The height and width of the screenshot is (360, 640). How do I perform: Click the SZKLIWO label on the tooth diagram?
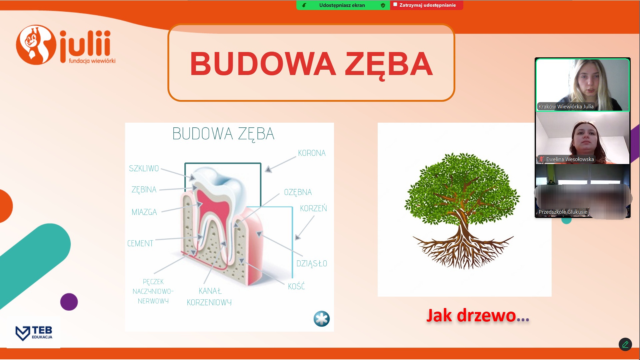click(144, 168)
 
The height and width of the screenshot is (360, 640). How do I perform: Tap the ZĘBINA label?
click(144, 190)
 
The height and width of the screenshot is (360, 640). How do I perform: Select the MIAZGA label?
click(144, 212)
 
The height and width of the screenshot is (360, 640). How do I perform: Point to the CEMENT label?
click(140, 243)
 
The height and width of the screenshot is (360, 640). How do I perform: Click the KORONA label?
click(312, 153)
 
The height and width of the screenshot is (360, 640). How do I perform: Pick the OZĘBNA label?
click(298, 192)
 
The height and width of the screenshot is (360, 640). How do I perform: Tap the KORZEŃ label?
click(313, 208)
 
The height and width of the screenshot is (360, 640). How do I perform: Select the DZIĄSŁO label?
click(312, 263)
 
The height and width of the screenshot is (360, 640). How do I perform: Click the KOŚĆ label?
click(296, 286)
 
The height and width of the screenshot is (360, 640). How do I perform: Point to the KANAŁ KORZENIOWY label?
click(209, 297)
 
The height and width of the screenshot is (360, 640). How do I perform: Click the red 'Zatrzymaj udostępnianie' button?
click(426, 5)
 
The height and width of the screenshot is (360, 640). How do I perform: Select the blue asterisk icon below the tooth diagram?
click(322, 319)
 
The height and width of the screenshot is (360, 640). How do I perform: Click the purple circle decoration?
click(69, 302)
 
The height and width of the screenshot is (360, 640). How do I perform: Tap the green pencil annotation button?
click(625, 344)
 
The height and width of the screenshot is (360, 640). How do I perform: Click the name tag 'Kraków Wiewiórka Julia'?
click(566, 107)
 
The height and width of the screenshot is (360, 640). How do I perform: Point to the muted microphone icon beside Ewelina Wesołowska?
click(541, 159)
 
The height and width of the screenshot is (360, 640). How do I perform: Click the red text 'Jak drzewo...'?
click(478, 315)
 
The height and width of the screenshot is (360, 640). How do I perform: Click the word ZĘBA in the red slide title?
click(389, 64)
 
